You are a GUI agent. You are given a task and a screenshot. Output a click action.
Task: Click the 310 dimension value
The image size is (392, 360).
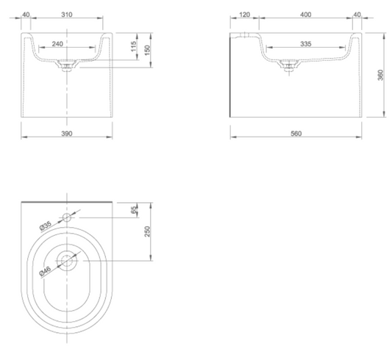(67, 15)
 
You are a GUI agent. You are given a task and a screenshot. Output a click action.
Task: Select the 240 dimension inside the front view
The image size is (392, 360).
(57, 44)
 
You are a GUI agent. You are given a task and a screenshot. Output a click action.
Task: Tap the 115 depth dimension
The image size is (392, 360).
(134, 46)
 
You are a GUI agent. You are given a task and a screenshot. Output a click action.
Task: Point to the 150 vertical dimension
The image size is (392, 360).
(148, 50)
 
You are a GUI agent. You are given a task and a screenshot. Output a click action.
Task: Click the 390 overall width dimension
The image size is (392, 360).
(67, 134)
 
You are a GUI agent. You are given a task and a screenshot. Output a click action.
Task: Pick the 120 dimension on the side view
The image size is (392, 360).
(244, 15)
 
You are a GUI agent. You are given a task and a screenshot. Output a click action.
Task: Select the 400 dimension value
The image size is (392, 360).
(305, 15)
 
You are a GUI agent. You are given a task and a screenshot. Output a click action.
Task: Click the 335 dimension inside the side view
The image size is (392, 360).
(305, 44)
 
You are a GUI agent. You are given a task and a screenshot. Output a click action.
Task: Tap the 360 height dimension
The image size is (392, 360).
(380, 75)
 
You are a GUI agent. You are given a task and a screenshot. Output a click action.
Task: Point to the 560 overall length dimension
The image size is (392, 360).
(296, 134)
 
